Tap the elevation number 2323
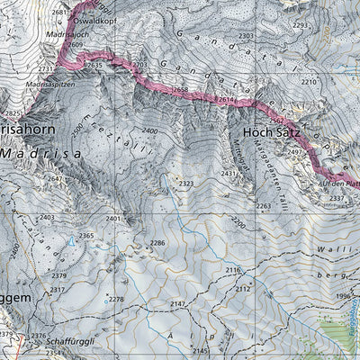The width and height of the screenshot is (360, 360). [186, 184]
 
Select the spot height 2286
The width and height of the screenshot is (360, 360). [158, 243]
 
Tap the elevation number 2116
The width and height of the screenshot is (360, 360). [233, 270]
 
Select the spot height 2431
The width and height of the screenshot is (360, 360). [229, 173]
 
